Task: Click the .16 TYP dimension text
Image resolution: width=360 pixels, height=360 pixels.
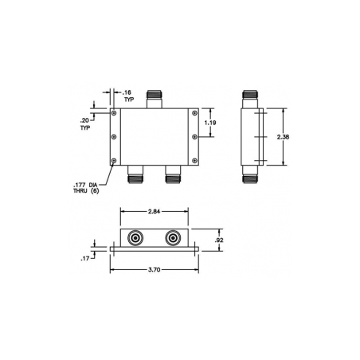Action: pyautogui.click(x=128, y=96)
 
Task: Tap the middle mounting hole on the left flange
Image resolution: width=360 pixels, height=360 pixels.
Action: pyautogui.click(x=116, y=138)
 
